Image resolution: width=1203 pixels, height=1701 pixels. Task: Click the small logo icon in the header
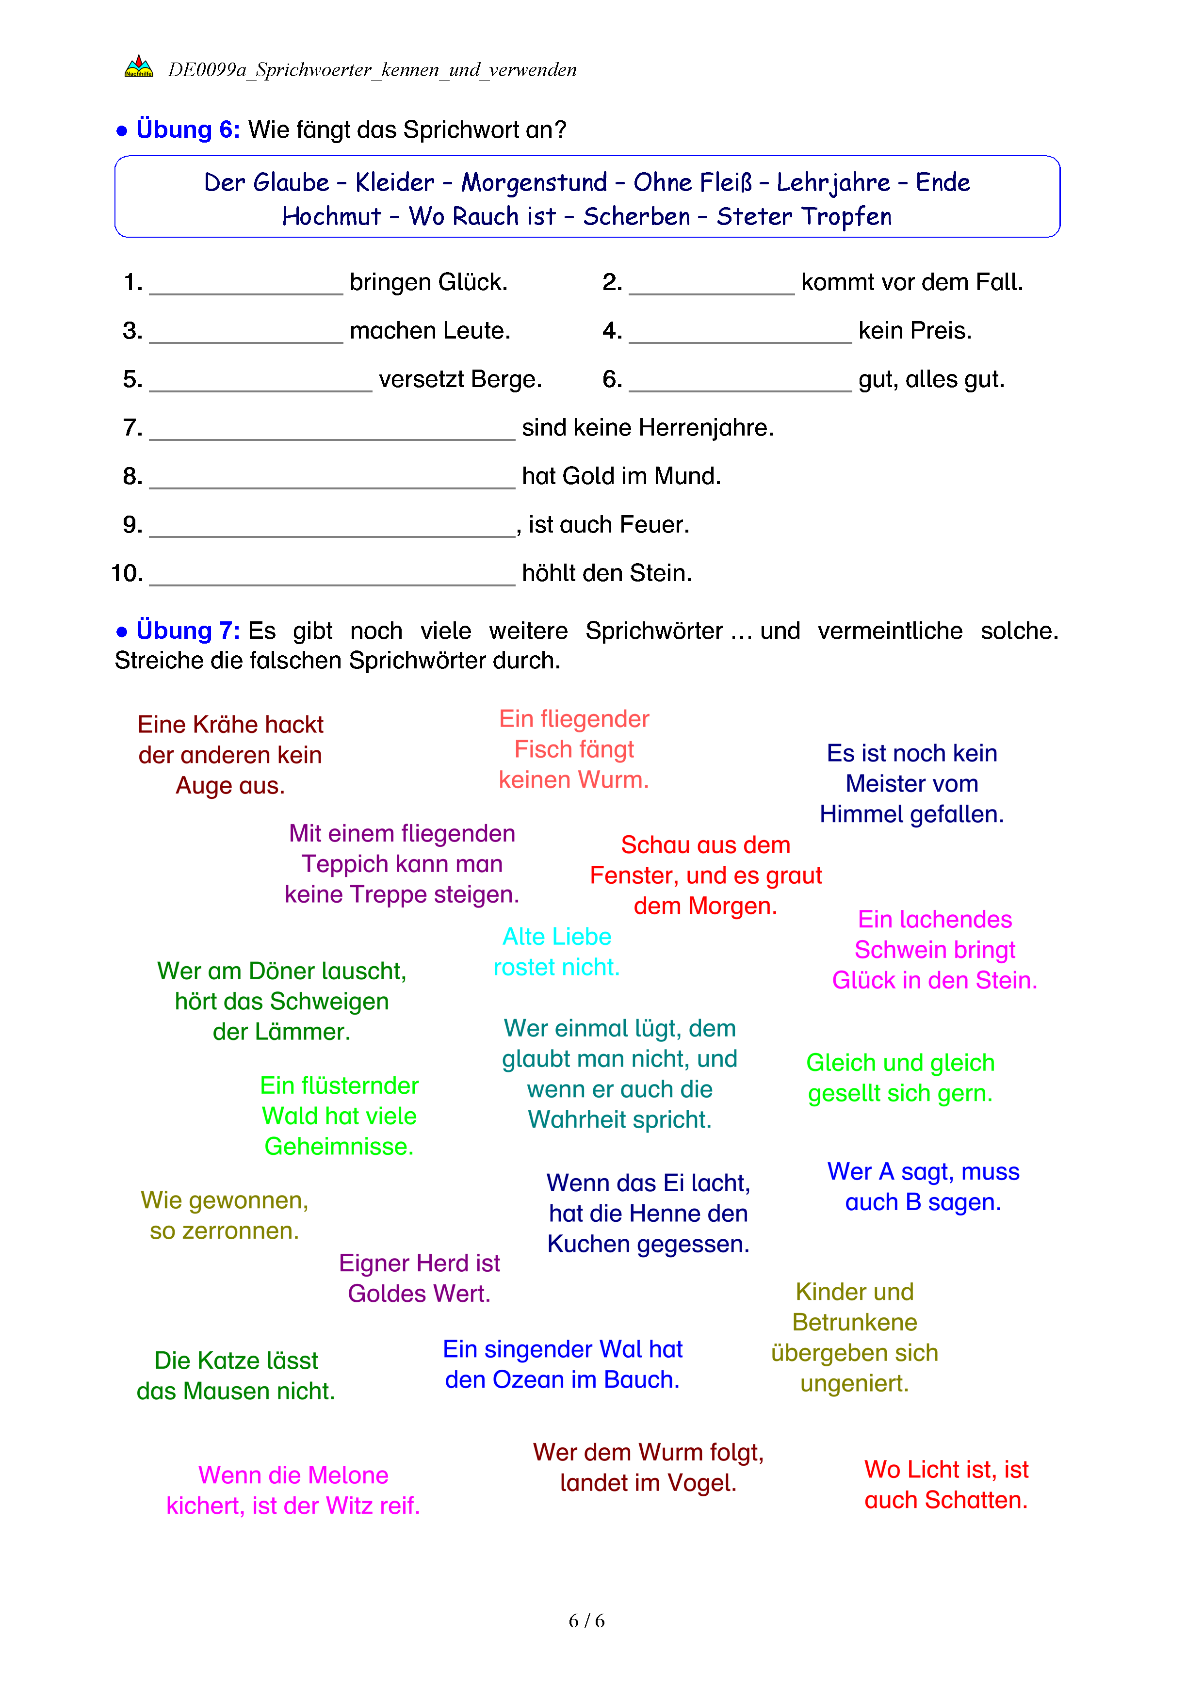click(x=139, y=67)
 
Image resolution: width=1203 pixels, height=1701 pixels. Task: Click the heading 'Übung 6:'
click(x=187, y=130)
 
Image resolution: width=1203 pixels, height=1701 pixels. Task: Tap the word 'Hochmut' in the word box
click(x=331, y=216)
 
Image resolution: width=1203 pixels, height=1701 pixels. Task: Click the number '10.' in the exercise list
click(x=127, y=573)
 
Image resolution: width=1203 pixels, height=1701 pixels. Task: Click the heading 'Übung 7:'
click(x=187, y=631)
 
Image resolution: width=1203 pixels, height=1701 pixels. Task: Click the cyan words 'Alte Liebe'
click(x=556, y=937)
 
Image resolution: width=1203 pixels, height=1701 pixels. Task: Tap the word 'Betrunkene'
click(x=854, y=1322)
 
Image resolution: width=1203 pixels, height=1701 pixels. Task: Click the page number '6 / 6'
click(x=586, y=1621)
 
